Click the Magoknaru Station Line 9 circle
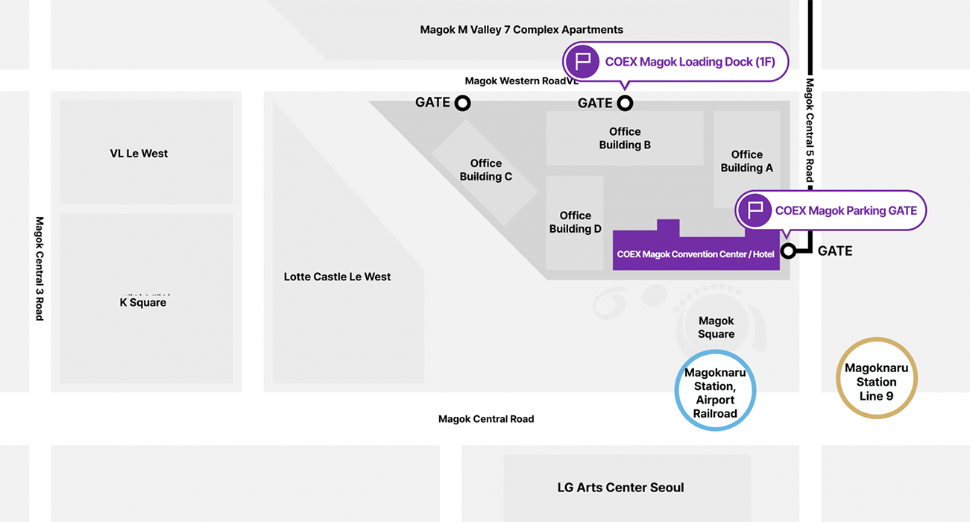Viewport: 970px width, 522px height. (876, 378)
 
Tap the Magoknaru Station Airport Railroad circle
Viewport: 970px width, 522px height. (715, 392)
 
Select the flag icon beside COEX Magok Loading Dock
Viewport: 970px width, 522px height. (583, 62)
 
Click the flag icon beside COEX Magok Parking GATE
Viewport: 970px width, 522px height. (755, 211)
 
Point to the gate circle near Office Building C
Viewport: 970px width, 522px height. (462, 103)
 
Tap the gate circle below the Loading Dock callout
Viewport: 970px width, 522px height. (625, 103)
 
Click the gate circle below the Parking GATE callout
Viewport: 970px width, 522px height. (788, 251)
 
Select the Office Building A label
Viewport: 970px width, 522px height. (746, 161)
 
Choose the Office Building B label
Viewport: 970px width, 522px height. (625, 138)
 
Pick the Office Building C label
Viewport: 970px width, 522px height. (486, 170)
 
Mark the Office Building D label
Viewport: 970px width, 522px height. (575, 222)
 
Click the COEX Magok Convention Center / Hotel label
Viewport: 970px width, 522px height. (696, 254)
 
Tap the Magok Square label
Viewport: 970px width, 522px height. (716, 327)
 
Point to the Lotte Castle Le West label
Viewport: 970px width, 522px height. (337, 277)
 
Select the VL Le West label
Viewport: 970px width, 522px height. (139, 154)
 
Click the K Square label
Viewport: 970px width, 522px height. (143, 303)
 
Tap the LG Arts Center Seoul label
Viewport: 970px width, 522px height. (620, 488)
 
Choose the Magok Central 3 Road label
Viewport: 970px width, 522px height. (40, 268)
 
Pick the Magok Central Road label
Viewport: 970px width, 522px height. (486, 419)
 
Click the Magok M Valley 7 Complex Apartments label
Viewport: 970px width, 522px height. (522, 30)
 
